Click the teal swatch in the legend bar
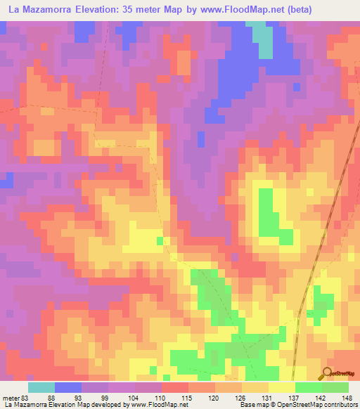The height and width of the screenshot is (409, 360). click(x=41, y=387)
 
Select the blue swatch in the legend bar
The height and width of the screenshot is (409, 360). click(x=68, y=387)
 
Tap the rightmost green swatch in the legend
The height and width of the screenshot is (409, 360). click(x=335, y=387)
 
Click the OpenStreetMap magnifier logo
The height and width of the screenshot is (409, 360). click(x=328, y=373)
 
